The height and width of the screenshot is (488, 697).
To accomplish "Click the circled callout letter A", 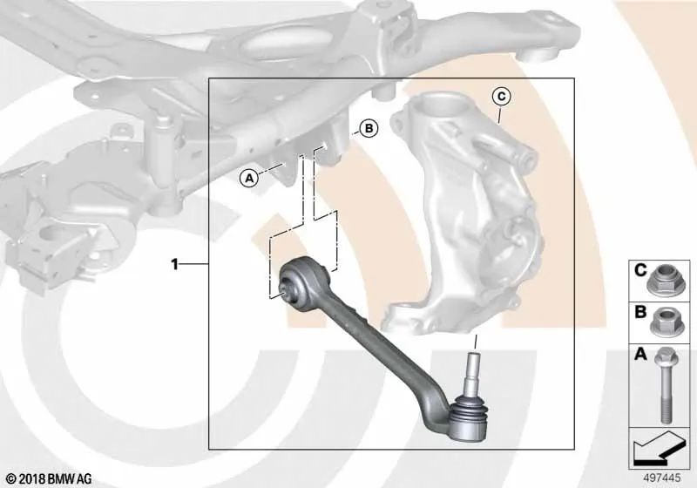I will click(x=249, y=178).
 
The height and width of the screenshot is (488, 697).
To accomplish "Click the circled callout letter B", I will click(x=368, y=129).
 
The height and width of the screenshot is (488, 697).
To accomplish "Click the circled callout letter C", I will click(x=500, y=95).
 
